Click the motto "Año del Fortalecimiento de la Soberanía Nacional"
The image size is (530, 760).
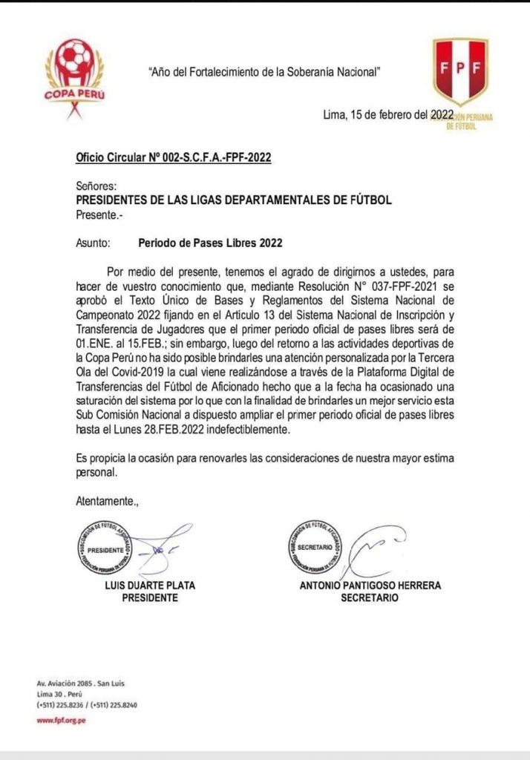[266, 72]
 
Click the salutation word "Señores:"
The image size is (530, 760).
[96, 186]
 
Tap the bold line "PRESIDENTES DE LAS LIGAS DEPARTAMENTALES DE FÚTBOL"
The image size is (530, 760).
[234, 200]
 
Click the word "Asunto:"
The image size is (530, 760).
[94, 242]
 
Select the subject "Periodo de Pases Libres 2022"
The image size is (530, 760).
[210, 242]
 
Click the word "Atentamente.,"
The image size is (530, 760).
[108, 501]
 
